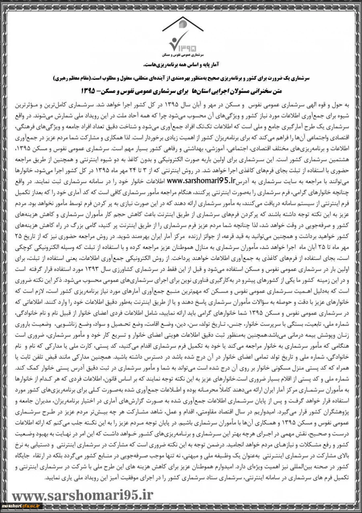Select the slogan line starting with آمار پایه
coord(181,64)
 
